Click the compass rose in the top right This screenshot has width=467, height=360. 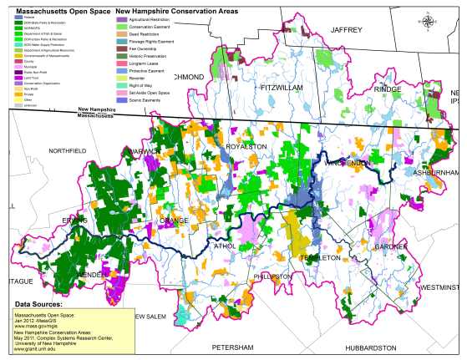[429, 23]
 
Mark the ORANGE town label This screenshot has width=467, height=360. [174, 221]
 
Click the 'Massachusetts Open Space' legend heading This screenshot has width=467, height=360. [54, 10]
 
